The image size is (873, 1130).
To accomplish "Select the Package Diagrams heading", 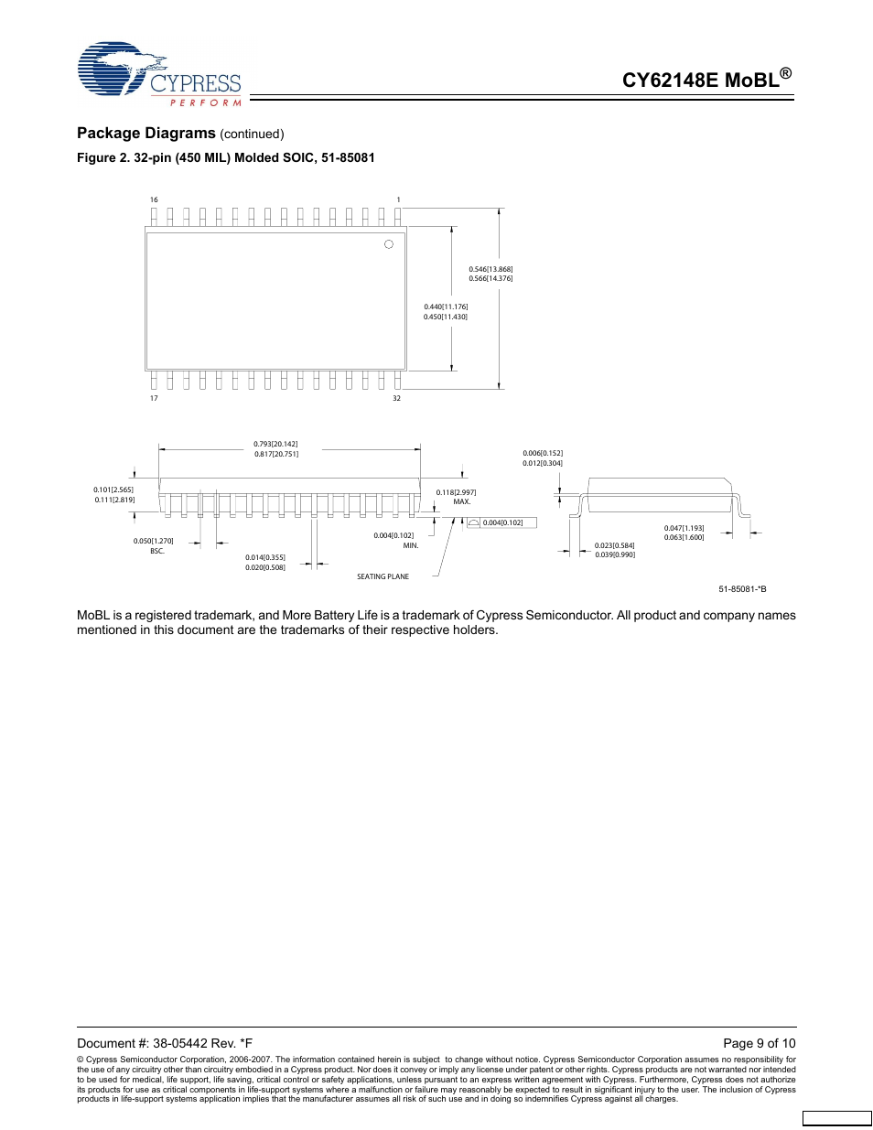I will pyautogui.click(x=146, y=133).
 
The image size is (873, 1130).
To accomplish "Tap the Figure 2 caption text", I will pyautogui.click(x=225, y=157).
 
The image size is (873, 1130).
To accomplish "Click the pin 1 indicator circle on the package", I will pyautogui.click(x=389, y=244).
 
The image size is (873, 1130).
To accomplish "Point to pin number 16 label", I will pyautogui.click(x=154, y=199).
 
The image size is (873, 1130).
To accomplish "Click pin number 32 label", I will pyautogui.click(x=396, y=398).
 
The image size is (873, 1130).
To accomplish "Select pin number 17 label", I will pyautogui.click(x=154, y=398).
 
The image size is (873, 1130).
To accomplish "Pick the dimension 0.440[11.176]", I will pyautogui.click(x=446, y=307).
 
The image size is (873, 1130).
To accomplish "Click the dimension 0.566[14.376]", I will pyautogui.click(x=490, y=278).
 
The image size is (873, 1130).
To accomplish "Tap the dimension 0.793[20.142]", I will pyautogui.click(x=275, y=444).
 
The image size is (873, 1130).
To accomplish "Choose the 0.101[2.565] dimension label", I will pyautogui.click(x=113, y=490).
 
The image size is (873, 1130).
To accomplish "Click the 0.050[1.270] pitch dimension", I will pyautogui.click(x=153, y=541).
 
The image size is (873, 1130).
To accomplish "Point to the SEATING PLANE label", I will pyautogui.click(x=383, y=576).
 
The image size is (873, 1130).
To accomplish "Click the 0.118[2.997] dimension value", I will pyautogui.click(x=456, y=492).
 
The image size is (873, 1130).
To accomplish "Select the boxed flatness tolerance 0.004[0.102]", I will pyautogui.click(x=502, y=522).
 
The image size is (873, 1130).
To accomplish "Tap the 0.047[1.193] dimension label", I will pyautogui.click(x=684, y=528).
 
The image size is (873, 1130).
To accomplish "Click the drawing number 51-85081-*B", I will pyautogui.click(x=742, y=589).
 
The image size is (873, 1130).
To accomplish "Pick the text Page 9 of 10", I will pyautogui.click(x=759, y=1043).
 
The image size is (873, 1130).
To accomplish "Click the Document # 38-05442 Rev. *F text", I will pyautogui.click(x=165, y=1043).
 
